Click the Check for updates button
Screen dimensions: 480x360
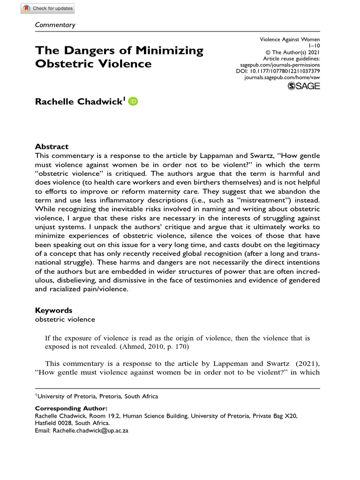[48, 8]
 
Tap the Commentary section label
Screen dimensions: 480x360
[55, 25]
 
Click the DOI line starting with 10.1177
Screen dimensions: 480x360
[277, 71]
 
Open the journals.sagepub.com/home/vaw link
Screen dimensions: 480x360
[282, 77]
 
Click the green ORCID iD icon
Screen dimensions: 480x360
[133, 102]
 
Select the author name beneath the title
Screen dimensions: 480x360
[79, 102]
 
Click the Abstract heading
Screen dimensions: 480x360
[52, 146]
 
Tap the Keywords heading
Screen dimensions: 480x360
[54, 310]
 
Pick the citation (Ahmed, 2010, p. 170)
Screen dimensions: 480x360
[143, 347]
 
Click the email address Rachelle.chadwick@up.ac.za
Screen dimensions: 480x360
[90, 430]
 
